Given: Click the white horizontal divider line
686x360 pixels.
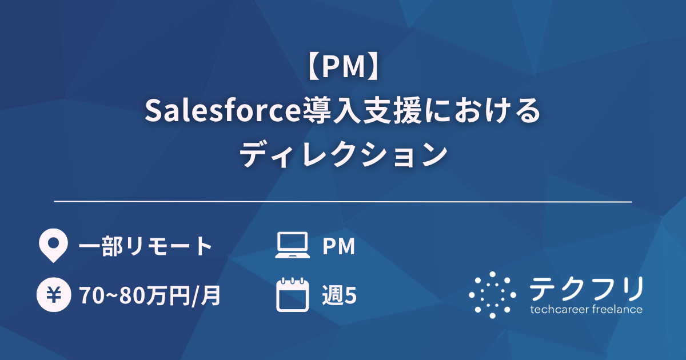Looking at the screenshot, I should pyautogui.click(x=343, y=202).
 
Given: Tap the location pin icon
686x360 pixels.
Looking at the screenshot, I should pyautogui.click(x=53, y=246).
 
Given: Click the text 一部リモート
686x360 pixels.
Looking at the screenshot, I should pyautogui.click(x=145, y=247).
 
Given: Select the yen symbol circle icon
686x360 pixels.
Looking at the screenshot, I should pyautogui.click(x=53, y=295).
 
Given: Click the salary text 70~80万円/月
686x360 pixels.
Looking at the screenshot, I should pyautogui.click(x=150, y=296).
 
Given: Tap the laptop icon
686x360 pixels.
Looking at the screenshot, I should pyautogui.click(x=293, y=246).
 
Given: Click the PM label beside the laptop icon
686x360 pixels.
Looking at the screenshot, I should pyautogui.click(x=339, y=247).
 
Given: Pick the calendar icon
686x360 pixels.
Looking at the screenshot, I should pyautogui.click(x=293, y=295).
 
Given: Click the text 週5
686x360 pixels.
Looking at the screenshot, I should pyautogui.click(x=340, y=296).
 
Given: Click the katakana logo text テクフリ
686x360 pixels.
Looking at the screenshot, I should pyautogui.click(x=585, y=289).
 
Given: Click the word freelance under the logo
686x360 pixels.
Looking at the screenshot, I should pyautogui.click(x=616, y=310).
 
